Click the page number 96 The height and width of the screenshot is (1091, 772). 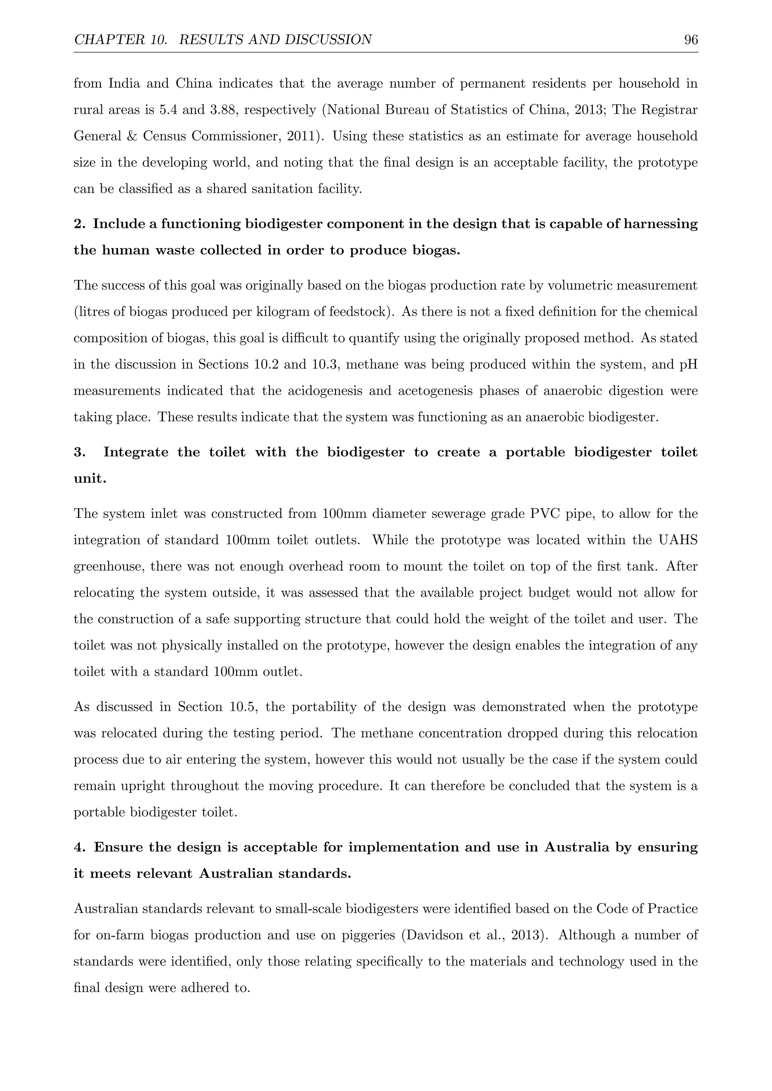[x=691, y=40]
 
